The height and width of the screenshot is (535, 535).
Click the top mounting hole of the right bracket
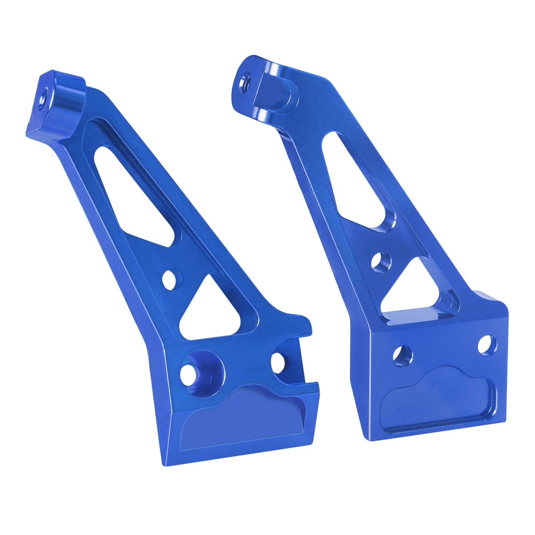coord(245,81)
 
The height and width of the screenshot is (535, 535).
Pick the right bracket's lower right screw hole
coord(487,344)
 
